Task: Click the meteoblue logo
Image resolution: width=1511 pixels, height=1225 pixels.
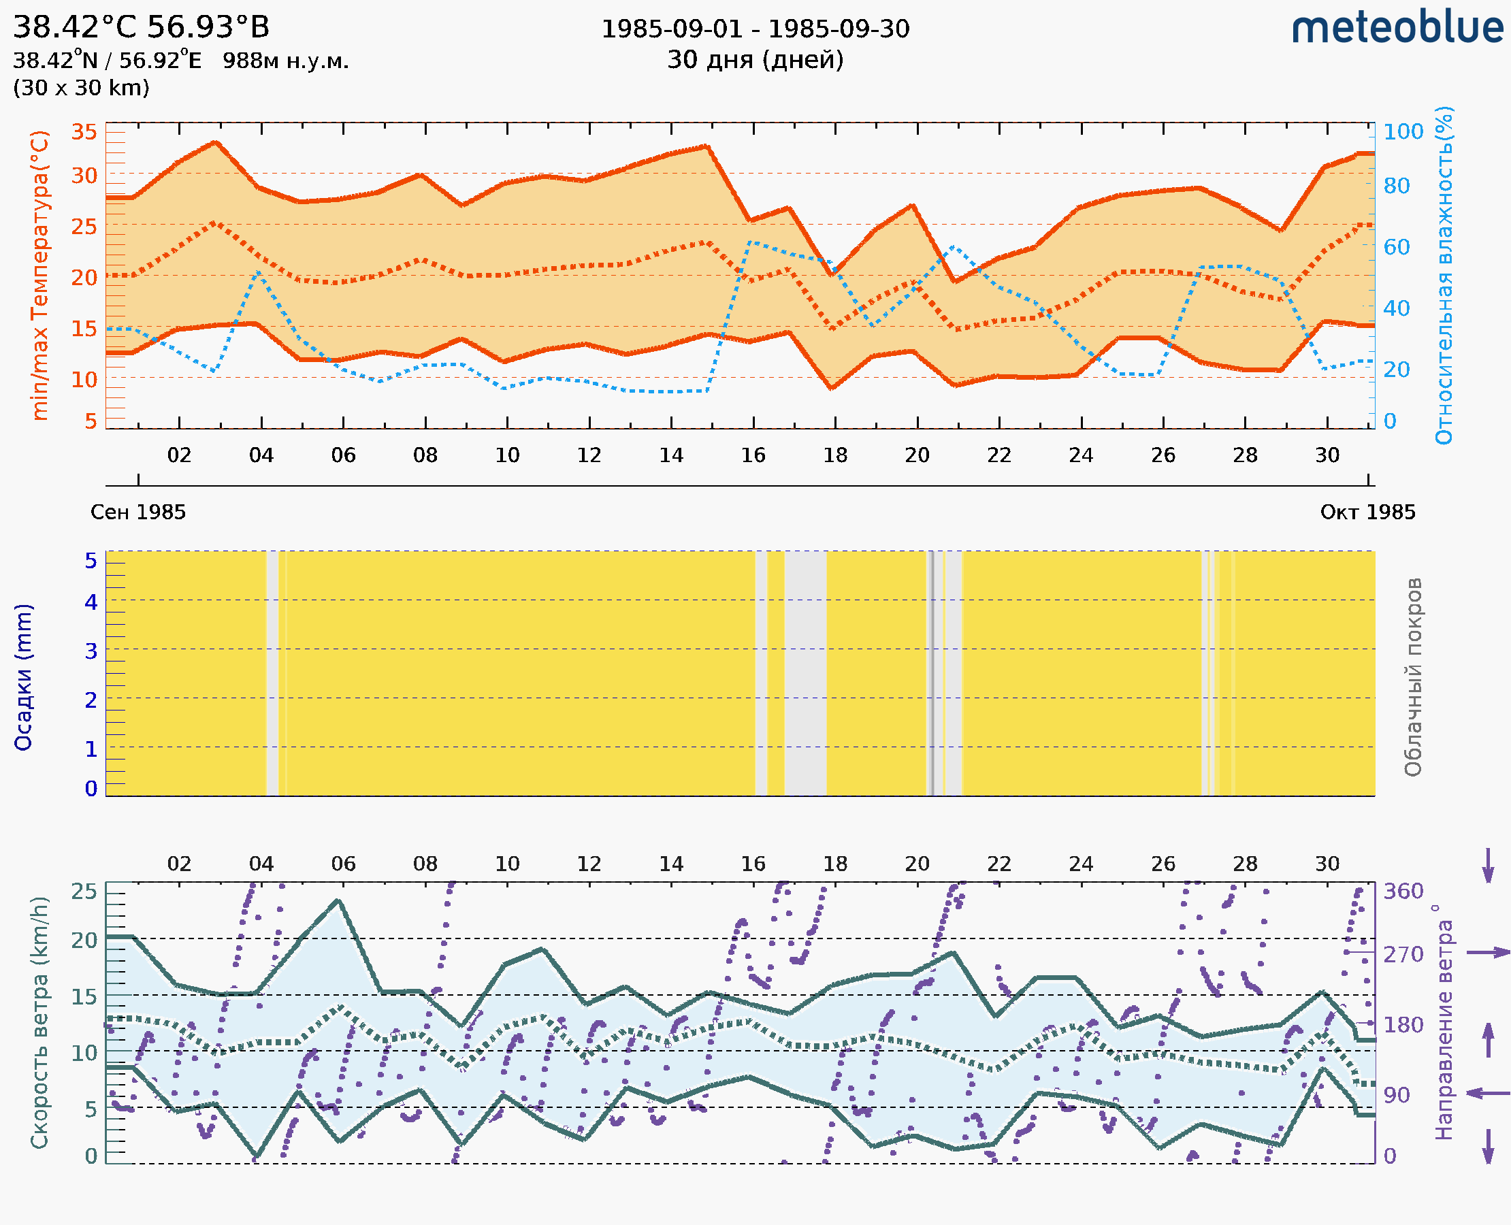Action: pyautogui.click(x=1397, y=28)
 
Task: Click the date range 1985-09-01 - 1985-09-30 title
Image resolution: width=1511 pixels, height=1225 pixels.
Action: pyautogui.click(x=755, y=29)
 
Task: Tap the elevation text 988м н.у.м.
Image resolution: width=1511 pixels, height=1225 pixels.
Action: pyautogui.click(x=286, y=61)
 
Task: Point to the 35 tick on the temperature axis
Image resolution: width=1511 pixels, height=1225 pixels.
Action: pyautogui.click(x=84, y=132)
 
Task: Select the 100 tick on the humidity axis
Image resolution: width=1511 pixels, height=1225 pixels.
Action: pyautogui.click(x=1403, y=132)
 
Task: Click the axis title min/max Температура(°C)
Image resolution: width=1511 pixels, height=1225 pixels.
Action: pyautogui.click(x=40, y=275)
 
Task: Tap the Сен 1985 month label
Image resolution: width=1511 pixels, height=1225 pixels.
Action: pyautogui.click(x=137, y=512)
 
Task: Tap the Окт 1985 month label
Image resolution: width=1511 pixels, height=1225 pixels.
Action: pyautogui.click(x=1368, y=512)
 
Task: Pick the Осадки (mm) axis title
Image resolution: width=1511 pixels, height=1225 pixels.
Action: pyautogui.click(x=23, y=677)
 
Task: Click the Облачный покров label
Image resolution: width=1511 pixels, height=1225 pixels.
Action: pyautogui.click(x=1413, y=677)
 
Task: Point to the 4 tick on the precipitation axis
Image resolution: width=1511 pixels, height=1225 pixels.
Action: pyautogui.click(x=91, y=602)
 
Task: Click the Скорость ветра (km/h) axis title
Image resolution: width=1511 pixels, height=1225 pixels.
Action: pyautogui.click(x=40, y=1022)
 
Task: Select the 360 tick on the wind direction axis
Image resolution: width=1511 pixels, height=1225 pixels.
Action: pyautogui.click(x=1403, y=892)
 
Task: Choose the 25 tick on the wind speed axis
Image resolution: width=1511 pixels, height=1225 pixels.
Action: pyautogui.click(x=84, y=892)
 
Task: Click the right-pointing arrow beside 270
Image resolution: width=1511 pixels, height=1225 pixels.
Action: pyautogui.click(x=1488, y=953)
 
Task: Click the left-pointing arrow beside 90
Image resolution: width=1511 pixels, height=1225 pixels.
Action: pyautogui.click(x=1488, y=1093)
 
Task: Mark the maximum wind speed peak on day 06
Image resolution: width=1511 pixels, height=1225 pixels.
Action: pyautogui.click(x=339, y=900)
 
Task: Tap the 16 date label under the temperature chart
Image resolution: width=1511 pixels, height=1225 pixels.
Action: pyautogui.click(x=753, y=455)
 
